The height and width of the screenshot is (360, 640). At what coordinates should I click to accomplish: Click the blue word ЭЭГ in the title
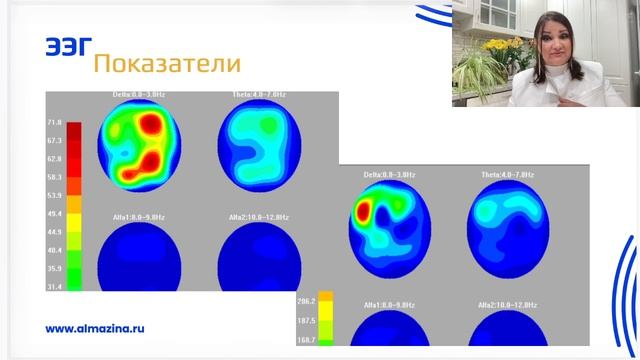[69, 47]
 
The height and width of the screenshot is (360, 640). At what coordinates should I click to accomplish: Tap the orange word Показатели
[166, 64]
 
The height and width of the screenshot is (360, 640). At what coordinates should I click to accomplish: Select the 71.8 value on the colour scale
[54, 123]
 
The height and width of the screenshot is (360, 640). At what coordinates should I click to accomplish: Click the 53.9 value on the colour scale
[54, 195]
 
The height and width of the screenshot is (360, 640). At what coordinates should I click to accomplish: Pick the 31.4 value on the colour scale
[54, 287]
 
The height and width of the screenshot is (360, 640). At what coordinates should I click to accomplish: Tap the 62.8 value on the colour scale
[54, 159]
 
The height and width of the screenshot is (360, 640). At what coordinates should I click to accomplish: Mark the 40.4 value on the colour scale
[54, 250]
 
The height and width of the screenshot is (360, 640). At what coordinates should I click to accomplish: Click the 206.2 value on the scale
[307, 300]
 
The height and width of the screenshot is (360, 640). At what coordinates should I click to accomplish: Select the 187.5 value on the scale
[307, 320]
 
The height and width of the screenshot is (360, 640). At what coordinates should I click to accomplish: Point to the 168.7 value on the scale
[307, 341]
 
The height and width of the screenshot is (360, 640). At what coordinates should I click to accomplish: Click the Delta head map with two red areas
[139, 144]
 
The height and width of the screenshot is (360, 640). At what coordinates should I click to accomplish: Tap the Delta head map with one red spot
[389, 226]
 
